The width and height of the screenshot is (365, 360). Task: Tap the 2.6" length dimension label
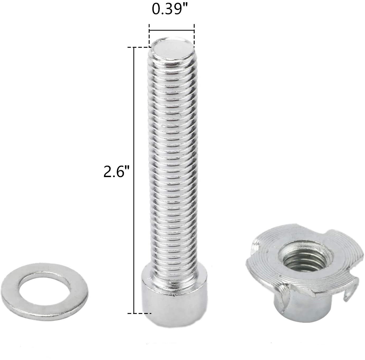click(x=116, y=171)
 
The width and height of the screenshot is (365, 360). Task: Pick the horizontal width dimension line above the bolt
click(x=172, y=30)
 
